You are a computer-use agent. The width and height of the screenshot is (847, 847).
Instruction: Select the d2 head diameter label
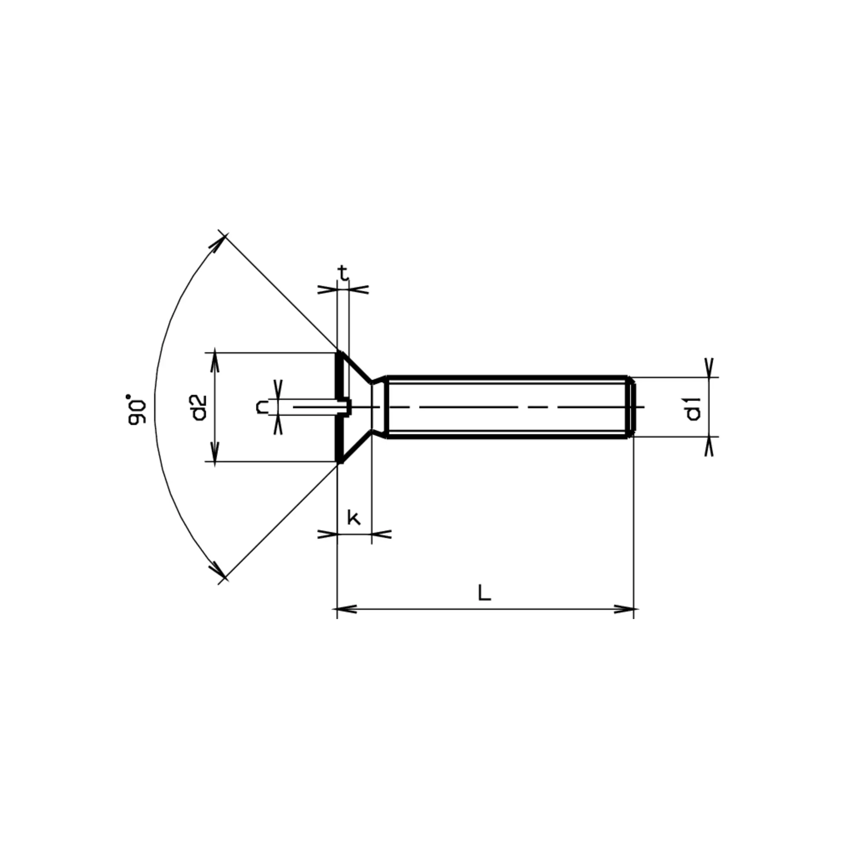tap(199, 407)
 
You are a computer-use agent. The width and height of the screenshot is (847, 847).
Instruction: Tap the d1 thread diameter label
tap(693, 408)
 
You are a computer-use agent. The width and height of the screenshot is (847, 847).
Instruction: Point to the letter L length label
tap(484, 593)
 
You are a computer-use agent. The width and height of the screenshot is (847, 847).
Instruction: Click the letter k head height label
tap(354, 518)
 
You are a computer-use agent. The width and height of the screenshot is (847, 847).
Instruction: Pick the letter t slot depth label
tap(343, 273)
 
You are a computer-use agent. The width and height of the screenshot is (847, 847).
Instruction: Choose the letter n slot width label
tap(262, 407)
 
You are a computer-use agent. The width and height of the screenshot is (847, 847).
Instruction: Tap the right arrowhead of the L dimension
tap(624, 609)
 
